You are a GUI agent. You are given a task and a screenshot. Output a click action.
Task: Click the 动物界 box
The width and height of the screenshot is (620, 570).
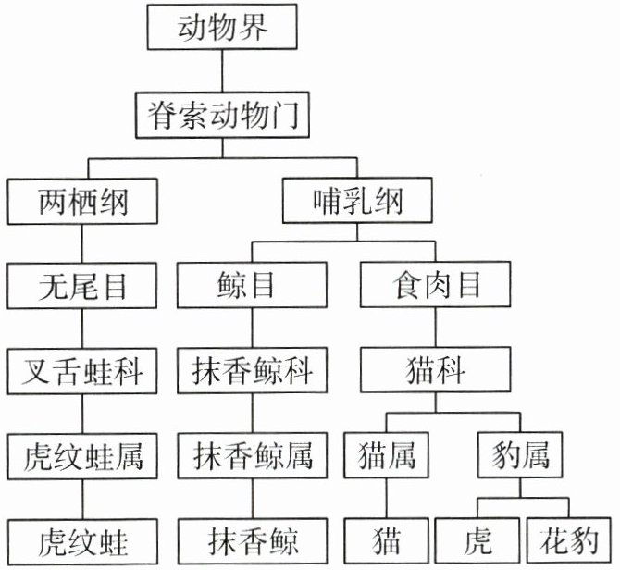tap(221, 28)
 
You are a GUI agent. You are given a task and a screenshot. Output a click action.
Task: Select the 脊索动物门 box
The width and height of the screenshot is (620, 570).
tap(221, 115)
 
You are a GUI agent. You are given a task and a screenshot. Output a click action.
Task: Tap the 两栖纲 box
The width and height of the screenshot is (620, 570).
tap(82, 200)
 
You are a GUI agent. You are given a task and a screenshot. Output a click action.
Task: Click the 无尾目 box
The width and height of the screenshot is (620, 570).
tap(82, 285)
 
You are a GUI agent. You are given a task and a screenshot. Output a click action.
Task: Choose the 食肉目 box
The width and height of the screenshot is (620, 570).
tap(434, 285)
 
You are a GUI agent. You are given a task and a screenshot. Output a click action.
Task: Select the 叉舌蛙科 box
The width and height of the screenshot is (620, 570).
tap(82, 371)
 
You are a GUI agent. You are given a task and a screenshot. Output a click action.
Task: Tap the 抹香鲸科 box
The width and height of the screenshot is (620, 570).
tap(253, 371)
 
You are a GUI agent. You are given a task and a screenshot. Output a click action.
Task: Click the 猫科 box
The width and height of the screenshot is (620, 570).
tap(434, 371)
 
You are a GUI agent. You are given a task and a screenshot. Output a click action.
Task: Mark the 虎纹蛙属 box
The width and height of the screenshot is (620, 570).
tap(82, 456)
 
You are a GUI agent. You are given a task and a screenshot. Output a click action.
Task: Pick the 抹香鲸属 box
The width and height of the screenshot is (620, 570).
tap(253, 456)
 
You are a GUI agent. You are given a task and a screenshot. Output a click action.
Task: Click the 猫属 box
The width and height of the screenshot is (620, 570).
tap(386, 456)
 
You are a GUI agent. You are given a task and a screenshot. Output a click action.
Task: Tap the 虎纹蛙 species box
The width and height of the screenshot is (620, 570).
tap(82, 540)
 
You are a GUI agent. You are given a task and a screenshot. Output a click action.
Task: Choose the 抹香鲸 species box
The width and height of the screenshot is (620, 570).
tap(253, 540)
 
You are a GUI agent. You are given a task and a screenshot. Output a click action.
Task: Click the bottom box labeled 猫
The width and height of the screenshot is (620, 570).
tap(386, 540)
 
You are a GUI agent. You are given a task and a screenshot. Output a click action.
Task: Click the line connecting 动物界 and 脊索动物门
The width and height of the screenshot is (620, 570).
tap(221, 70)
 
